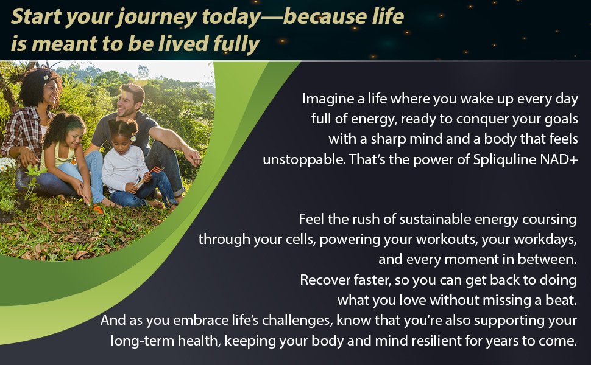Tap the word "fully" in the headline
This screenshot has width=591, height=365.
coord(236,44)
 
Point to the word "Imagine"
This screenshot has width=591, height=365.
coord(328,99)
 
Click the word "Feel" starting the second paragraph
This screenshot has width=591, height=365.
coord(311,219)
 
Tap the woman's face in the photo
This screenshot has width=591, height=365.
coord(51,92)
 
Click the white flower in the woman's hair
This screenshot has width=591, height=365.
coord(46,77)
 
